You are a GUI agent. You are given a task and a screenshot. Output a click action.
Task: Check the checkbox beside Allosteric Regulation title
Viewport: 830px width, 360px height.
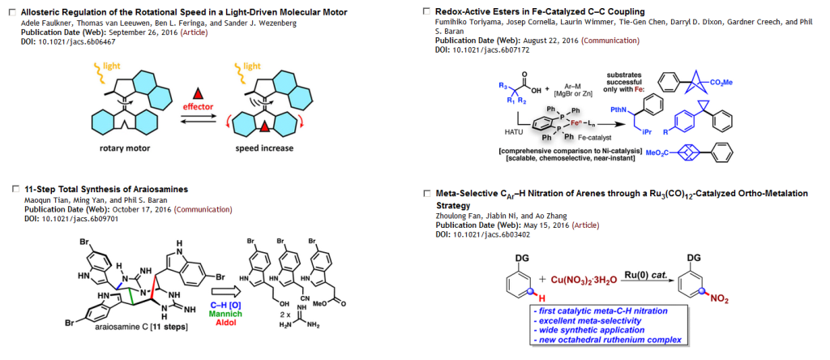click(11, 13)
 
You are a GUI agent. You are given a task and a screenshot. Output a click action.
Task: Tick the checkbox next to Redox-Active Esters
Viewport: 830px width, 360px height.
click(427, 12)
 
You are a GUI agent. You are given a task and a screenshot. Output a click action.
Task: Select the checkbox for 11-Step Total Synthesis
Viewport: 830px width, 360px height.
click(11, 189)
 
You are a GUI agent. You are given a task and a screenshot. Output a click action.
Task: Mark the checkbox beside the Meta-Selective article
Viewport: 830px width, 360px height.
click(427, 195)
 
